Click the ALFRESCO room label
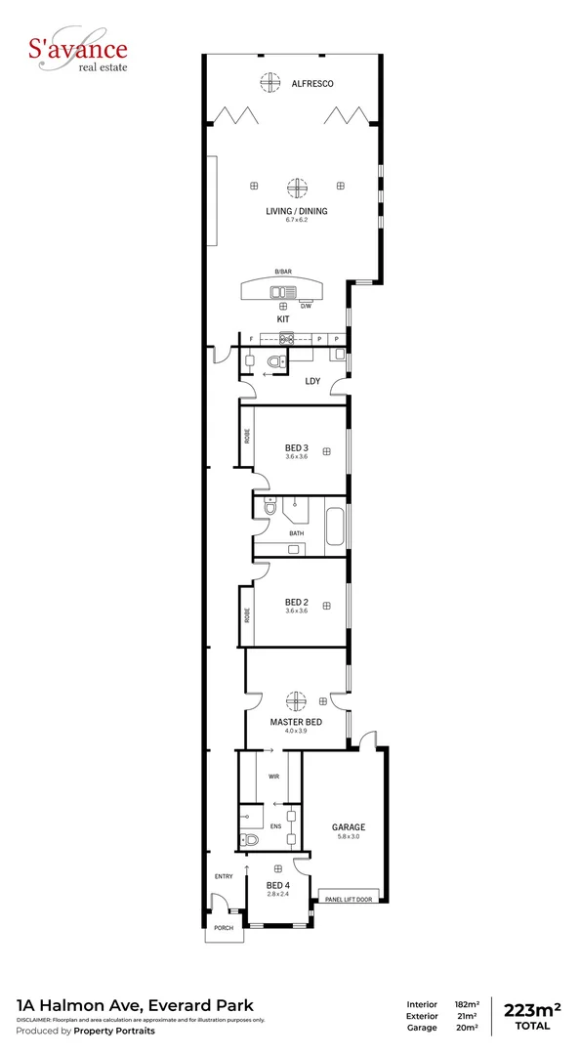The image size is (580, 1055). click(312, 84)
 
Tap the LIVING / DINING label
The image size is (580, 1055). click(297, 211)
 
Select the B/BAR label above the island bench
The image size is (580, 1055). click(283, 271)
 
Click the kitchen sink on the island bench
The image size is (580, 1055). click(284, 290)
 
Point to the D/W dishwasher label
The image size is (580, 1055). click(306, 306)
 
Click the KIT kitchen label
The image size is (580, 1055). click(283, 319)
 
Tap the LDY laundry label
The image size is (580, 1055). click(313, 381)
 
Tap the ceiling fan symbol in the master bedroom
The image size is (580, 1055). click(295, 700)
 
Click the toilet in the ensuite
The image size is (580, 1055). click(251, 838)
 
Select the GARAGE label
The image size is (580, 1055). click(349, 827)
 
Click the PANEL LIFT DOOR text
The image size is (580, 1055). click(349, 899)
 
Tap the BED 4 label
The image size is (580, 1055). click(278, 885)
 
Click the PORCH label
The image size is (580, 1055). click(225, 927)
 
